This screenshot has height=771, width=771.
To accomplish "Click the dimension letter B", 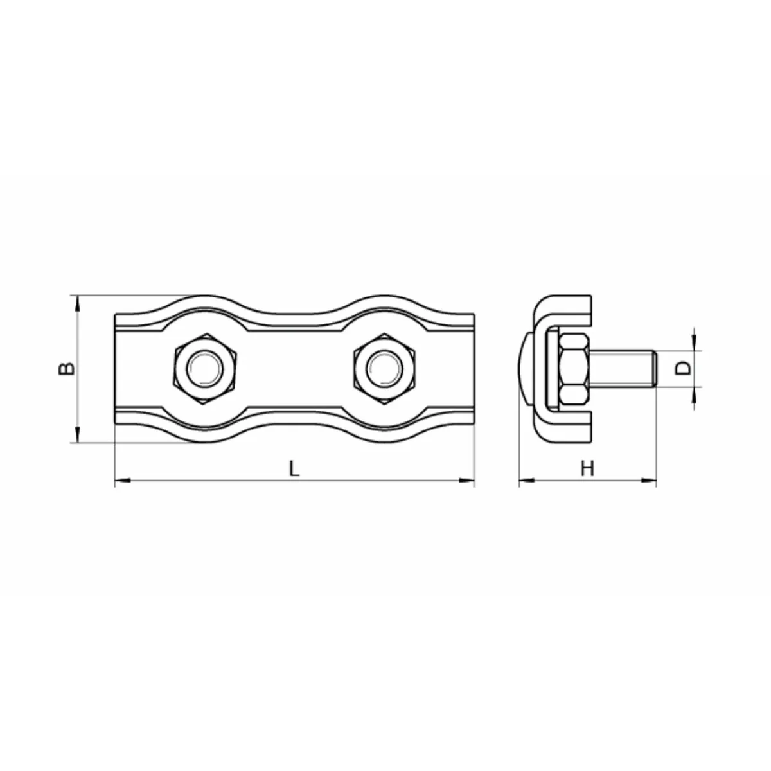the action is coord(66,369).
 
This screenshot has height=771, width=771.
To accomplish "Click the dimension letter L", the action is coord(294,468).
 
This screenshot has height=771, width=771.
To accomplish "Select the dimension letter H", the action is coord(587,468).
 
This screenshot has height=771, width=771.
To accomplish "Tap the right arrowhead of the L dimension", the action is coord(466,480).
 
